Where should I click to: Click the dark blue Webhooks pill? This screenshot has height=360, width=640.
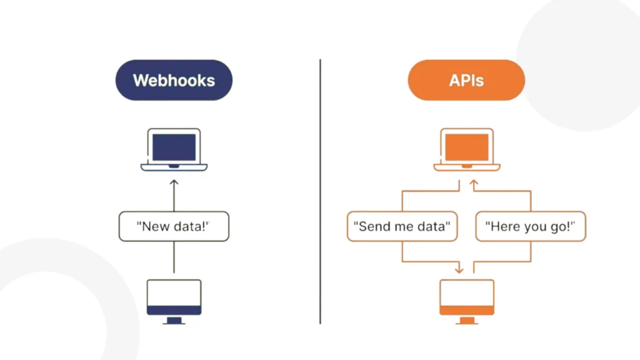point(174,80)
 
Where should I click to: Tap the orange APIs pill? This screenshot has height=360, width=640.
point(466,80)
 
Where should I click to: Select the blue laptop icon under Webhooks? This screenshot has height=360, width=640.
point(174,149)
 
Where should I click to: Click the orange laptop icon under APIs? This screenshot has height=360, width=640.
point(467,149)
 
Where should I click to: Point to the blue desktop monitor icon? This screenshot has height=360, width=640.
point(174,302)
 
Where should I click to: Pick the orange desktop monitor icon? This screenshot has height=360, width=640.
point(467,302)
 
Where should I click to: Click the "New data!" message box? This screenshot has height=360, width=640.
point(174,226)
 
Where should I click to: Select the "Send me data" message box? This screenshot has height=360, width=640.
point(402,226)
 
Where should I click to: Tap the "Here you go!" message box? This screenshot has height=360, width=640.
point(531,226)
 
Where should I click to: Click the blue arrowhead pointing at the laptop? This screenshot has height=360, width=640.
point(174,182)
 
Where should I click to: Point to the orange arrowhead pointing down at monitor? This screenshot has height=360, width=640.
point(459,270)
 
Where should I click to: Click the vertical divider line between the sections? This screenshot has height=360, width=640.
point(321,192)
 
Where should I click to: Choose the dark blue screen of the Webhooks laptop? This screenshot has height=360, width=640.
point(174,147)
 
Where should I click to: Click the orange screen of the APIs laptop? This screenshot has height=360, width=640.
point(467,147)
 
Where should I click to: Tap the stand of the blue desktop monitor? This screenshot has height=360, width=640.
point(174,321)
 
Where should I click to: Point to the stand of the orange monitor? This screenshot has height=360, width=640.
point(467,321)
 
